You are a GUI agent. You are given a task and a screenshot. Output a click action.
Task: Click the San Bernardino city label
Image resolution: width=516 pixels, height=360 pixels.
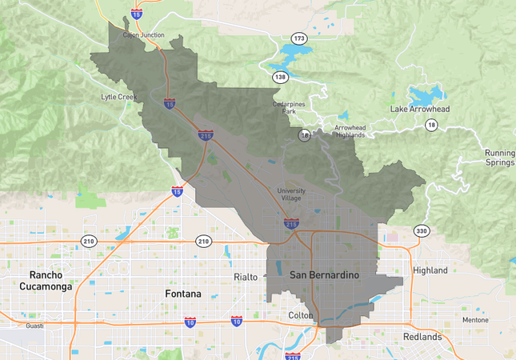pos(324,275)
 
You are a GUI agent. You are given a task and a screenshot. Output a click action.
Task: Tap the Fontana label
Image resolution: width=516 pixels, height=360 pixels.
pos(182,294)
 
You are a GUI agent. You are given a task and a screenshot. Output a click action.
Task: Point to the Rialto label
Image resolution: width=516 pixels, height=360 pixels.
pos(246,277)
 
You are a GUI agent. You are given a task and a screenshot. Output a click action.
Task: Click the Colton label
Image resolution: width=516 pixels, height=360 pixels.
pos(301,315)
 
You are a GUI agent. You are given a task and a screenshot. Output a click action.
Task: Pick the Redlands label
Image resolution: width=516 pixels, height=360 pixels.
pos(422,337)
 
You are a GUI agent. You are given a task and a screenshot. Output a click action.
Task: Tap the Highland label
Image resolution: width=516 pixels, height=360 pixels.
pos(430,270)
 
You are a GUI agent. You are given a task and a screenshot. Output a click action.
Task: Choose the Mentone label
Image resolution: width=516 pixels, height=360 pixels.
pos(475,320)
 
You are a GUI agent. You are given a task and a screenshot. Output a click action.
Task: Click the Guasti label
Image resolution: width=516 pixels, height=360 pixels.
pos(34,326)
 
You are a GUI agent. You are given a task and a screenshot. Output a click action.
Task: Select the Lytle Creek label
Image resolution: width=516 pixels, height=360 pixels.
pos(118,97)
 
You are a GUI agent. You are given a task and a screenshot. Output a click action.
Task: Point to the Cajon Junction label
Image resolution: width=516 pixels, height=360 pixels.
pos(143,35)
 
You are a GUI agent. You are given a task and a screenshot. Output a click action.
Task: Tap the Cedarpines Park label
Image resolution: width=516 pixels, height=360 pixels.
pos(289,107)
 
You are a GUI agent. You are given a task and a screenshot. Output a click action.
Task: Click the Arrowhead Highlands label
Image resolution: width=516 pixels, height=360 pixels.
pos(350,132)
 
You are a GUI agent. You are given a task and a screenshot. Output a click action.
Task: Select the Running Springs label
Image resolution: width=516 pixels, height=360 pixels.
pos(500,158)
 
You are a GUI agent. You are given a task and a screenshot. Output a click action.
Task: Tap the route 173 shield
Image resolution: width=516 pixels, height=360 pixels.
pos(299,38)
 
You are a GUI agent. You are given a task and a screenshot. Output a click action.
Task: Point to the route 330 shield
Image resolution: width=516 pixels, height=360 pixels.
pos(422,231)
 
